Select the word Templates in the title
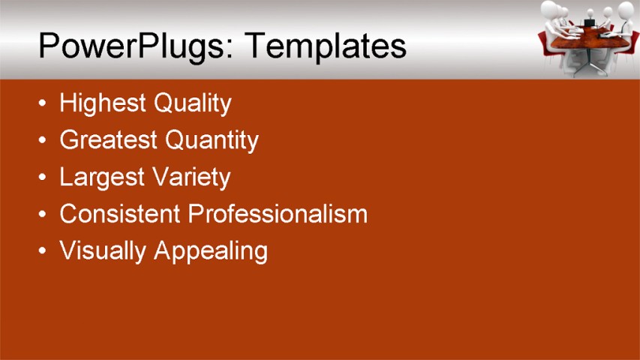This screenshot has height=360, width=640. click(325, 46)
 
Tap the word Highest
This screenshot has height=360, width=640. click(103, 103)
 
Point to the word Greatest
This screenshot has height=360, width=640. click(109, 139)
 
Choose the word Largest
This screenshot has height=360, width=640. click(102, 178)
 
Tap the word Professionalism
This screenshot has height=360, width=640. click(278, 214)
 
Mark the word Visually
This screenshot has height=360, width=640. click(103, 250)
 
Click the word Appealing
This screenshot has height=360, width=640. click(211, 251)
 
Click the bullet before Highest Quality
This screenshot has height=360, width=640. click(44, 103)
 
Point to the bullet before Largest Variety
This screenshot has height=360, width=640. click(44, 178)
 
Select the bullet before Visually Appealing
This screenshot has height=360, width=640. click(44, 250)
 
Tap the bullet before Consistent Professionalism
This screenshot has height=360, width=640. click(44, 214)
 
